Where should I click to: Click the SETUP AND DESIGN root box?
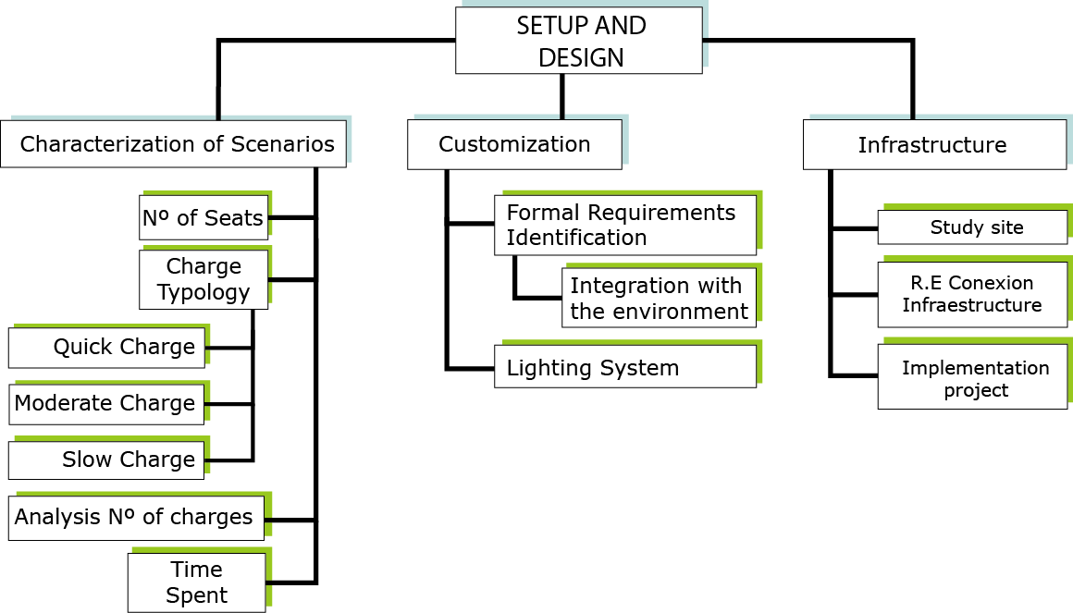(579, 41)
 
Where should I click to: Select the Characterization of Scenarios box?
(173, 143)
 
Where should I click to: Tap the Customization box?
(514, 144)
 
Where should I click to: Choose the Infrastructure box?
(935, 144)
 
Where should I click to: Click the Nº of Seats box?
(203, 217)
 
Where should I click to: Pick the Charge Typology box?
(203, 279)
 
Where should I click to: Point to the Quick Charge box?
(106, 348)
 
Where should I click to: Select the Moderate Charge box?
(106, 404)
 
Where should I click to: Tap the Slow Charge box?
(106, 460)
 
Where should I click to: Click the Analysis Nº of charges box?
(136, 518)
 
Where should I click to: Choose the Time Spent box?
(196, 582)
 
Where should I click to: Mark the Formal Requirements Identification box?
(625, 225)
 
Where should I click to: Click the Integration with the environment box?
(659, 298)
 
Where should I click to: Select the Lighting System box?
(625, 367)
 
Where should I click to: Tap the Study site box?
(972, 227)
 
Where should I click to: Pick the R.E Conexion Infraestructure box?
(972, 294)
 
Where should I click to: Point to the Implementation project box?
(972, 377)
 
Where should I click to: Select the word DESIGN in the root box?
(581, 58)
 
